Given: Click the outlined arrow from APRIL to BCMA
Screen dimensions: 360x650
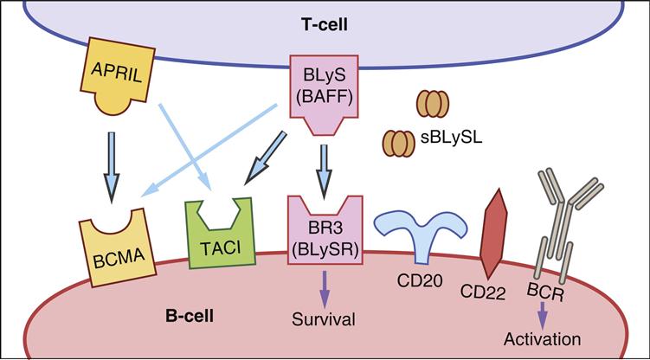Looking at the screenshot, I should [112, 159].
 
